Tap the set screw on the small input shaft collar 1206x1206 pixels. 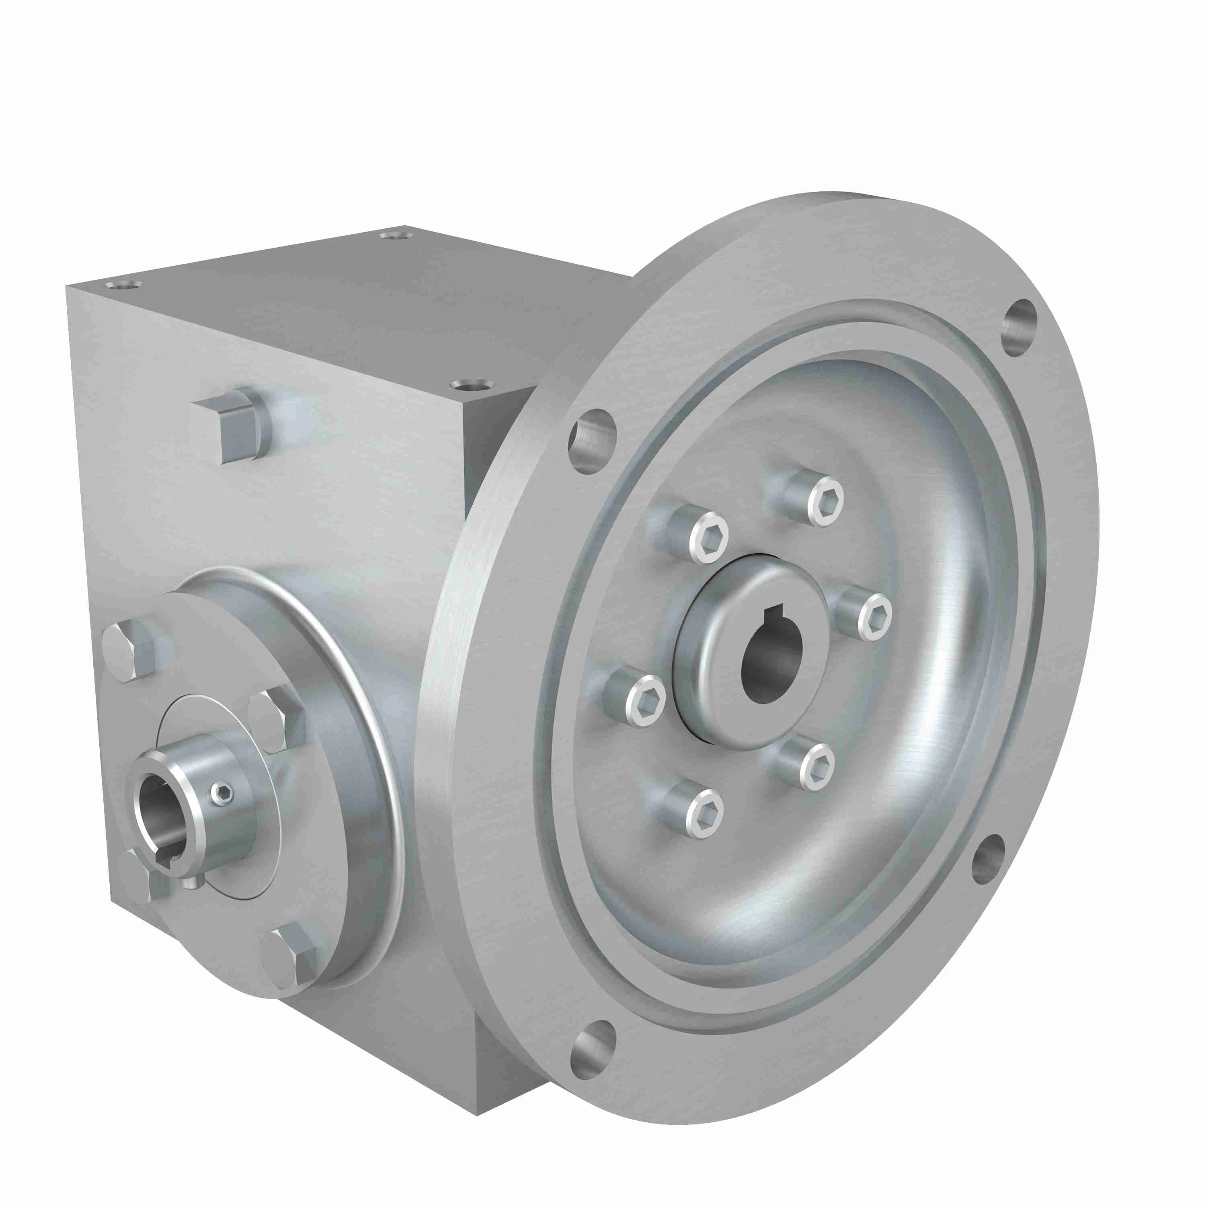click(222, 794)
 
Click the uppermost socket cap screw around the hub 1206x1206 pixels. click(825, 500)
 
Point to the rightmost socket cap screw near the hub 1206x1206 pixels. click(873, 616)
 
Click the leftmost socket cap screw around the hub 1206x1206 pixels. click(644, 700)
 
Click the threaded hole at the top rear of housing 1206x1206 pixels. click(398, 235)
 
